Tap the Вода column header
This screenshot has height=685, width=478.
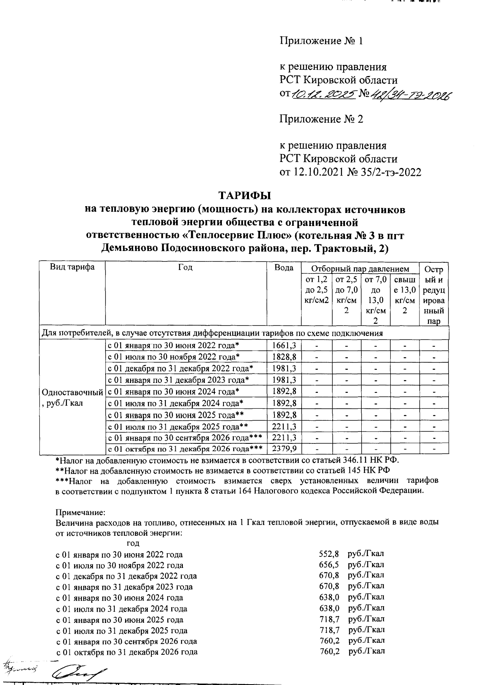coord(284,267)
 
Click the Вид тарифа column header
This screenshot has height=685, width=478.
coord(72,267)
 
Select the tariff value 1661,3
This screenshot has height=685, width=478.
coord(284,345)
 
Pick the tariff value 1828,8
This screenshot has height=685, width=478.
coord(284,357)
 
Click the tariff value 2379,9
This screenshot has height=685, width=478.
coord(284,449)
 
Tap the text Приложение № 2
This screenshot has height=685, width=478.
coord(321,119)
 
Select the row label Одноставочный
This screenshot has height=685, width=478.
coord(72,392)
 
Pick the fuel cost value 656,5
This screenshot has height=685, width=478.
coord(329,565)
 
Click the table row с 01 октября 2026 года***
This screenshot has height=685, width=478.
coord(185,449)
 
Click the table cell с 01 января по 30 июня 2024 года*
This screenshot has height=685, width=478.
coord(174,391)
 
